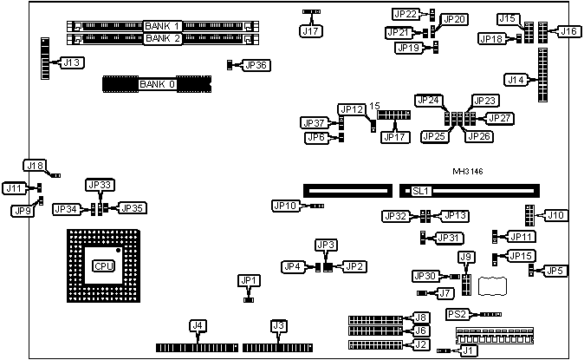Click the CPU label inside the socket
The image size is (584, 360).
click(x=104, y=265)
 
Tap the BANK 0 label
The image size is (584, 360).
click(x=157, y=84)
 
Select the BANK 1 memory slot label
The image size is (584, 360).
click(x=162, y=26)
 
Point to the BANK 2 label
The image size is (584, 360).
click(x=162, y=38)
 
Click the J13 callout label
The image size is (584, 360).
click(x=72, y=62)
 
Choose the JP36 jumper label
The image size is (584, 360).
click(x=256, y=65)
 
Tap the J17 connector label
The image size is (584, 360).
click(x=310, y=32)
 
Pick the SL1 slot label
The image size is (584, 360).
click(x=421, y=190)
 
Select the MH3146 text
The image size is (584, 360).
click(x=469, y=172)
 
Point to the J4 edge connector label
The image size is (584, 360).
click(x=198, y=326)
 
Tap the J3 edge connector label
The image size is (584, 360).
click(x=278, y=326)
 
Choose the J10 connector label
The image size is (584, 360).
click(x=555, y=215)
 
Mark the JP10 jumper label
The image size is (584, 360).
click(x=285, y=206)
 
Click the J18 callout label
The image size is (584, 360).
click(x=34, y=166)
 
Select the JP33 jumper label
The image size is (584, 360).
click(x=100, y=185)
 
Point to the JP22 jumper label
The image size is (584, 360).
click(x=406, y=14)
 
